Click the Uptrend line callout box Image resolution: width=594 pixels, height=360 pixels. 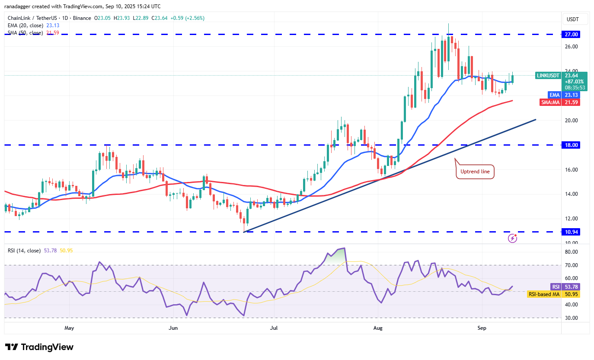coord(475,172)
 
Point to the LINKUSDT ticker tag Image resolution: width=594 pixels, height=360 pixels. coord(548,75)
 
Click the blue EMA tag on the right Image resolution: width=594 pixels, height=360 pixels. coord(554,95)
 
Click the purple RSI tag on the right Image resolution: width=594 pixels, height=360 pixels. coord(555,287)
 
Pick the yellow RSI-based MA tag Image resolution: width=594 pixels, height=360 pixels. coord(544,294)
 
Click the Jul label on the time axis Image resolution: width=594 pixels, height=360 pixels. coord(274,328)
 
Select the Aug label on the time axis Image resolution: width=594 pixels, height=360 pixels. coord(377,328)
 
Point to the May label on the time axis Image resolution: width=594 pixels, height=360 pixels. coord(69,328)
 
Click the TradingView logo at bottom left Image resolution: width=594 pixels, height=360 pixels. coord(39,347)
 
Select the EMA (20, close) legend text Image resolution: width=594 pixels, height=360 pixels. coord(25,25)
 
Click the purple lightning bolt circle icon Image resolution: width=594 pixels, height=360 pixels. coord(512,238)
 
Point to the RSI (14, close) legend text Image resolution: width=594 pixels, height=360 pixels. coord(24,251)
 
